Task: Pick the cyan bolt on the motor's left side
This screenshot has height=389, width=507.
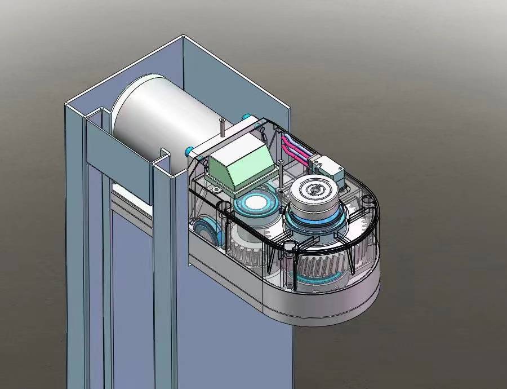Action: click(x=190, y=151)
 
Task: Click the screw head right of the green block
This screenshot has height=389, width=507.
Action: click(x=281, y=162)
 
